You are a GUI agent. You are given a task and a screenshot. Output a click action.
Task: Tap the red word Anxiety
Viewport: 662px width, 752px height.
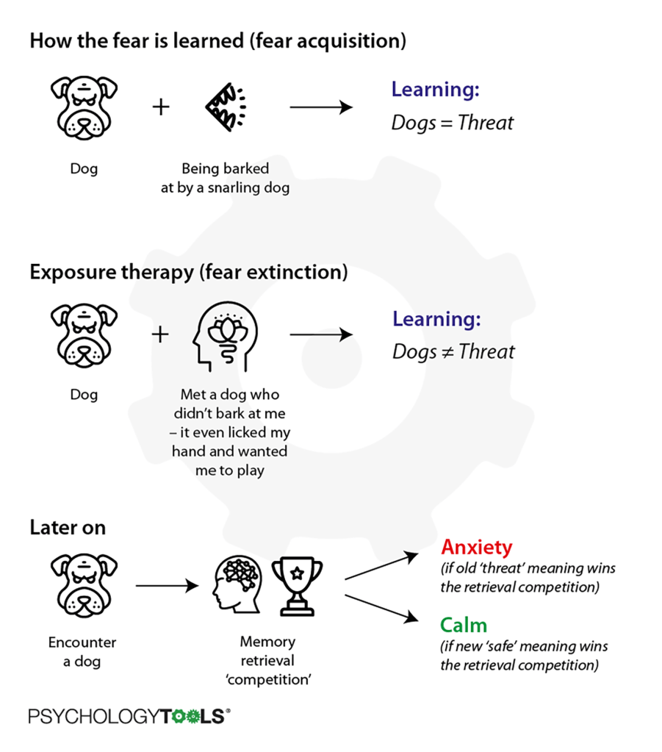(476, 548)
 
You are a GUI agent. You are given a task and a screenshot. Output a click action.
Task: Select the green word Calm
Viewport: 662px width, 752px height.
(464, 626)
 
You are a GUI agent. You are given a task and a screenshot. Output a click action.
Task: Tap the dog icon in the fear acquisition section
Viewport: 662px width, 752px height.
(84, 108)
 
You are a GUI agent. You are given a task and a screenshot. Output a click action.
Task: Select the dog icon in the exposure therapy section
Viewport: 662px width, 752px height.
(84, 336)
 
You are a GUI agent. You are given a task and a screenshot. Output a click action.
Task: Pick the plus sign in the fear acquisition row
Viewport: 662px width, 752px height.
(160, 107)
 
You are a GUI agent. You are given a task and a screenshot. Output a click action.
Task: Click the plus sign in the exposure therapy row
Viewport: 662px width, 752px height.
(160, 335)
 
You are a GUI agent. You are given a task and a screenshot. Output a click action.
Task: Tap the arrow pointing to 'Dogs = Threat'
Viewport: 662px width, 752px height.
(321, 108)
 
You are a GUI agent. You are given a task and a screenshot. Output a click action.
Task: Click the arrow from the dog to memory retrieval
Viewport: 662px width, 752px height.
(167, 587)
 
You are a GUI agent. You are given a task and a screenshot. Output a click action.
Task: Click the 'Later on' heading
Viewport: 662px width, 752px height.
(68, 527)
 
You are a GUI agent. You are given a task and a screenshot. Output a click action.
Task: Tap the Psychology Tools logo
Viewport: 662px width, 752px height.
(129, 716)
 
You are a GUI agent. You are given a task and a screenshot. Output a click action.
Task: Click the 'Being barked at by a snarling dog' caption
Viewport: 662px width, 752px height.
(225, 179)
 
